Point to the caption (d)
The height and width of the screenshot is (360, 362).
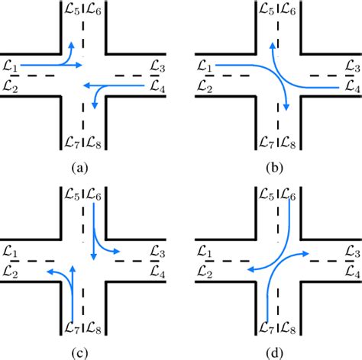click(279, 352)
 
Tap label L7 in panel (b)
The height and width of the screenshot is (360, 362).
click(267, 142)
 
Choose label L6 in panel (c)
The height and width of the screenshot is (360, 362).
click(95, 197)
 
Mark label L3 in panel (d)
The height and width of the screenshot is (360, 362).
click(353, 251)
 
